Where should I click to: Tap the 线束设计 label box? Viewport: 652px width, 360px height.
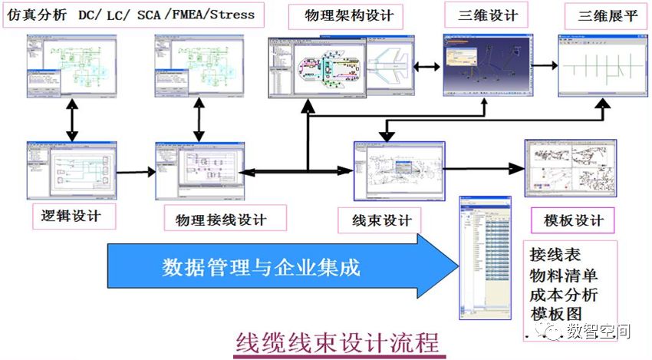(x=381, y=220)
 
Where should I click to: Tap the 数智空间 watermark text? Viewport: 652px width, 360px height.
(x=598, y=332)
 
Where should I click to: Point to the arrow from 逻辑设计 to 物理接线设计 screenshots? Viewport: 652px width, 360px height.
(x=136, y=172)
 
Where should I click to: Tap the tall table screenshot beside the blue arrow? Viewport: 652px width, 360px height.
(x=485, y=257)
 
